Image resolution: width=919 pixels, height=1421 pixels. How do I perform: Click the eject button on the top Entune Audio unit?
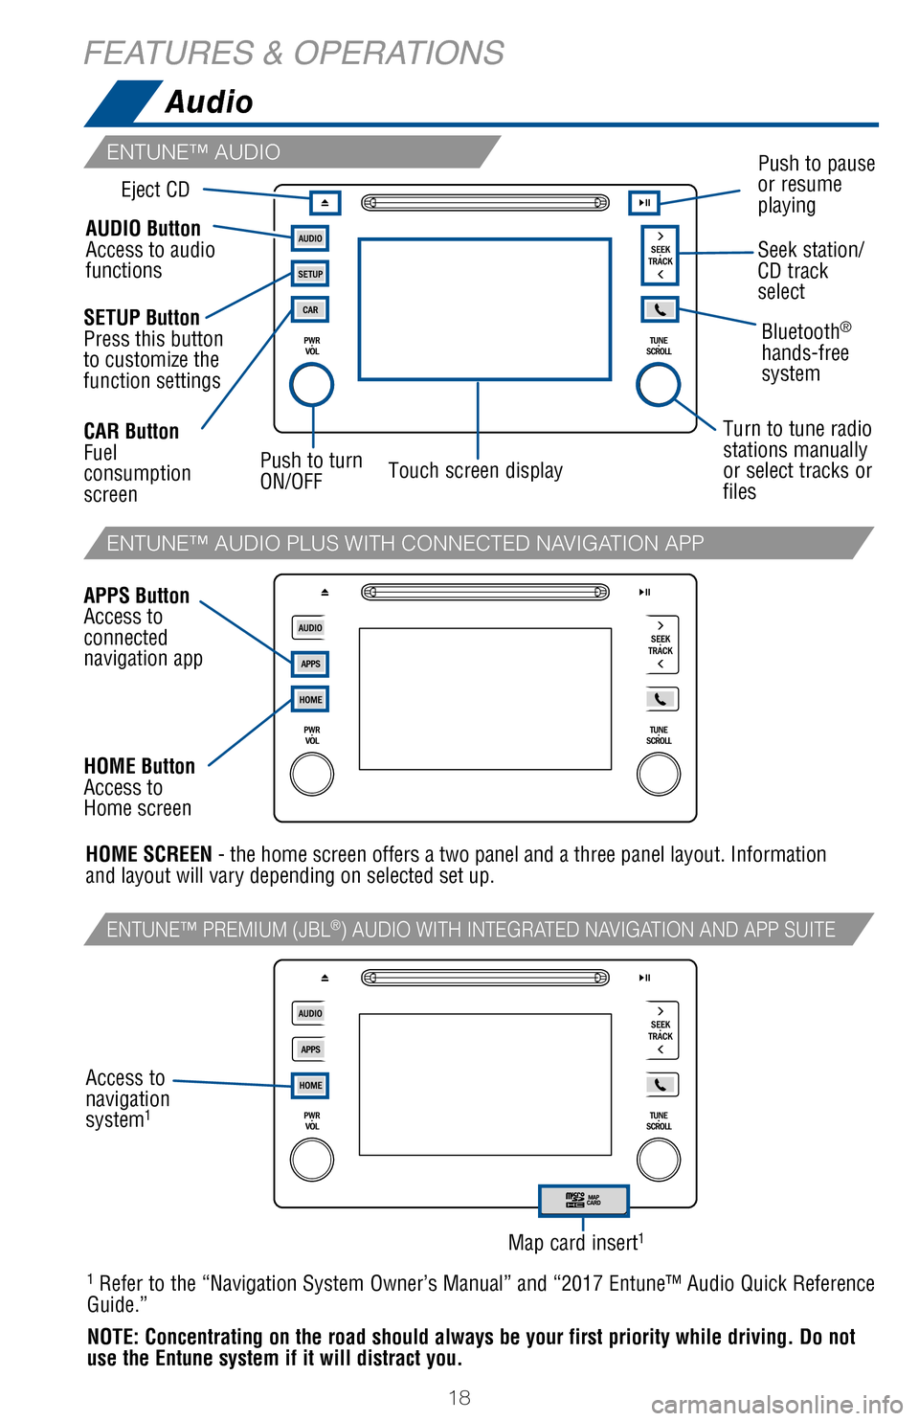tap(325, 203)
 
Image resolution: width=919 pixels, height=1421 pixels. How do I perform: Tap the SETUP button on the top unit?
tap(310, 274)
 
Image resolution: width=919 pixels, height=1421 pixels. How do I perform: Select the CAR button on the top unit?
tap(310, 310)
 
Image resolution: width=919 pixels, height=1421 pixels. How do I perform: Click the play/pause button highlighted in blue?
tap(644, 203)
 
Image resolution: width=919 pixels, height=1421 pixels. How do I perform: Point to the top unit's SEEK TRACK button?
tap(660, 256)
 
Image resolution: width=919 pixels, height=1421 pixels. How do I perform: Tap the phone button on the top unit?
tap(660, 310)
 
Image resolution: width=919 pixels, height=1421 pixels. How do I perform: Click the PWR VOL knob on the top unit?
tap(312, 386)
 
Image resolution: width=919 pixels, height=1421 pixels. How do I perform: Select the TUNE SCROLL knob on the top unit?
tap(659, 385)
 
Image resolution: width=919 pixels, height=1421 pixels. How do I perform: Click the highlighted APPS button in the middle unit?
tap(310, 664)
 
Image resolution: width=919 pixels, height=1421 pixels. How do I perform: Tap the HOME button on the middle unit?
tap(310, 700)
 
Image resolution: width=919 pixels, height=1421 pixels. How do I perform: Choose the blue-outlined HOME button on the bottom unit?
tap(310, 1086)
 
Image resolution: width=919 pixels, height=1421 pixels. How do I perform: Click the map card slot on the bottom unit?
tap(584, 1200)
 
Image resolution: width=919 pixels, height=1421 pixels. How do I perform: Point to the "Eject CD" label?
tap(155, 190)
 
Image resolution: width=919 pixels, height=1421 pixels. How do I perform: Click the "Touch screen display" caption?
tap(475, 471)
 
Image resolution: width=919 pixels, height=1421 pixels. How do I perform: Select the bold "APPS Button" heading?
tap(137, 596)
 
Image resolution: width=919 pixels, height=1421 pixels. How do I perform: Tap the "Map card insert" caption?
tap(575, 1243)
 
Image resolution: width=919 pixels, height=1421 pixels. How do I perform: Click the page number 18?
tap(459, 1398)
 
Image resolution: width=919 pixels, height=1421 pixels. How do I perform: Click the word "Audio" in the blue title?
tap(209, 101)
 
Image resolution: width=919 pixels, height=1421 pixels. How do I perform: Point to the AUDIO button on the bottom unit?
tap(310, 1014)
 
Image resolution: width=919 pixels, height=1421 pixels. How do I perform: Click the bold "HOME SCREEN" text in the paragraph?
tap(148, 854)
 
